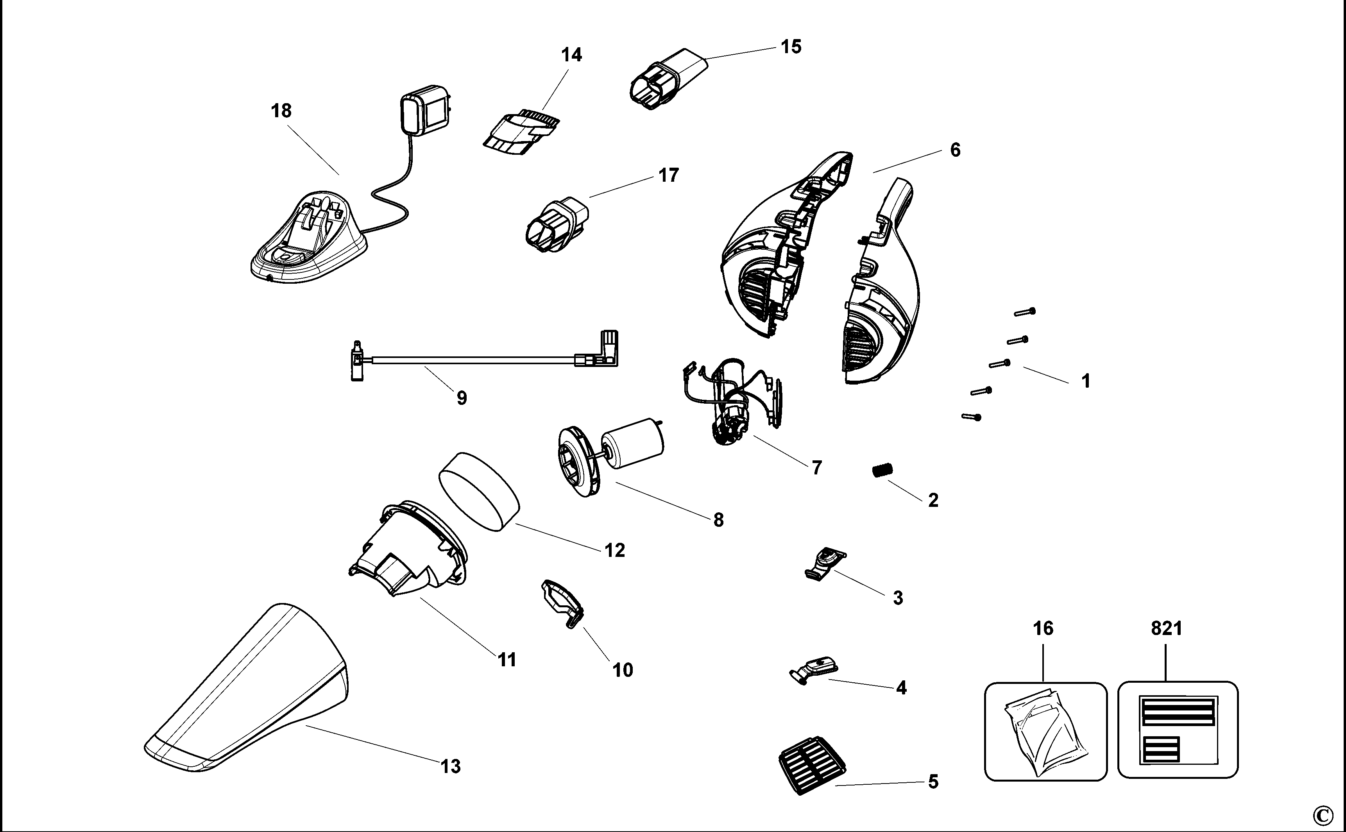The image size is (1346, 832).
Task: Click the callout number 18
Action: (x=281, y=111)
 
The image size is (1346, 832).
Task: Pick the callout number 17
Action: (x=669, y=175)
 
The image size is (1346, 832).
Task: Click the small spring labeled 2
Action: (x=882, y=471)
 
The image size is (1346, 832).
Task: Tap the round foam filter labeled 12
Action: (x=479, y=491)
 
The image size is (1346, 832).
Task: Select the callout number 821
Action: (x=1167, y=628)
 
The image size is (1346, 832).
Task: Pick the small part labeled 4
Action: (x=813, y=669)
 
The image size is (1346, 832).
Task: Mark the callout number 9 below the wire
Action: (x=462, y=398)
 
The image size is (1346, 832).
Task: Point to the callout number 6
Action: (x=955, y=150)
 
